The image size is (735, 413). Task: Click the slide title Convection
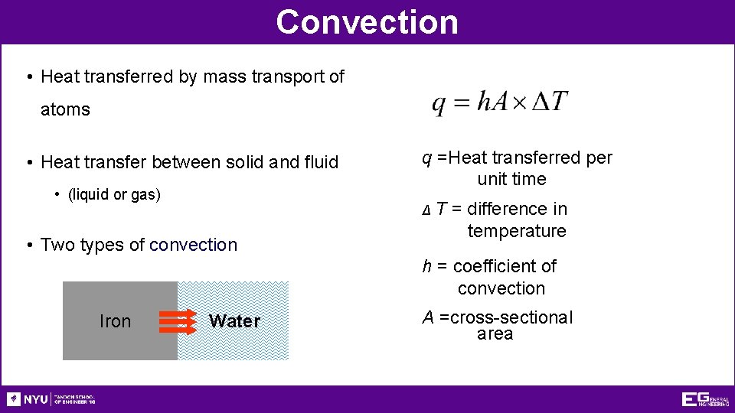pos(367,21)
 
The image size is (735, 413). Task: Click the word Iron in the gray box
pos(115,321)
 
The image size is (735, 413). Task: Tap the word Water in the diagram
pos(234,321)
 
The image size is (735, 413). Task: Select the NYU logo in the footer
pos(28,399)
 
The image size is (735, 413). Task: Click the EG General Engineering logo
pos(704,399)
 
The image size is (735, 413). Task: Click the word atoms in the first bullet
pos(65,109)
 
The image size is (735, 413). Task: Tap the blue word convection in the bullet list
pos(194,245)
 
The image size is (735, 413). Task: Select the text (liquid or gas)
pos(114,194)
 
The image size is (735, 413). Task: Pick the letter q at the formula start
pos(439,104)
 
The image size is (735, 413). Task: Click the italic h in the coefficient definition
pos(426,266)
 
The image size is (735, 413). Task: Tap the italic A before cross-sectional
pos(428,317)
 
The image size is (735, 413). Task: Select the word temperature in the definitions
pos(517,231)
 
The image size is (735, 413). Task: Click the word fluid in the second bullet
pos(320,162)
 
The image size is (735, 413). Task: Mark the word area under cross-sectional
pos(495,334)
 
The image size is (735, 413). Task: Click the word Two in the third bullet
pos(56,245)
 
